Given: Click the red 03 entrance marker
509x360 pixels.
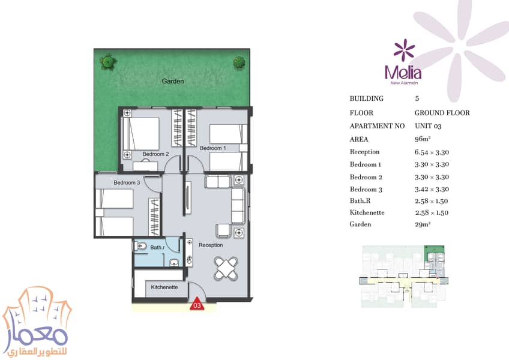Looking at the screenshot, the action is [197, 304].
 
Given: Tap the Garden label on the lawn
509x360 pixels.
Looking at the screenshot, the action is [173, 81].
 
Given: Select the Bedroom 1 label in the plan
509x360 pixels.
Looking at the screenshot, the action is [212, 148].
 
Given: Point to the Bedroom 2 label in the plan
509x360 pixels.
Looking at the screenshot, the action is [156, 154].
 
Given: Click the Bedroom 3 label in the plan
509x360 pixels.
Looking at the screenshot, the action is [127, 183].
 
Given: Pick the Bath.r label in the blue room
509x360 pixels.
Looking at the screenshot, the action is [157, 247].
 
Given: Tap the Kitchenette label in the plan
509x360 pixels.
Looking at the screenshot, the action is [164, 287].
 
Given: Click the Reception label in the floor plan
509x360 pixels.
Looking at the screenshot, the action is [211, 245].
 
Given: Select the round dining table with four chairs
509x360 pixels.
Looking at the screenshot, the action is [226, 268].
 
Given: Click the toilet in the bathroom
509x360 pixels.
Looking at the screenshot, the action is [139, 247].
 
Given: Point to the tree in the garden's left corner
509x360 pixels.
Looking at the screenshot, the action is [108, 62].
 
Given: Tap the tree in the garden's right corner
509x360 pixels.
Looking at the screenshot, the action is [239, 62].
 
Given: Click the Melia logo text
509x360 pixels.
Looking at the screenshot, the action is [403, 73].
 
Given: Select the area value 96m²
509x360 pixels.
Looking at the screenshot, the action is [423, 139].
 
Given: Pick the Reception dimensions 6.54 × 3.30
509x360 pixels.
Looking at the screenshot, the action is [432, 152].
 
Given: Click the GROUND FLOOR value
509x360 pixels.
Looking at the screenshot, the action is [442, 113].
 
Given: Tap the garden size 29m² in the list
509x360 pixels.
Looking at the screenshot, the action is [423, 224].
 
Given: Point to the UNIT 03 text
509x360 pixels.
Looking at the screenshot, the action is [428, 126].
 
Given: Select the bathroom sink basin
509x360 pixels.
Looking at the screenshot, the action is [174, 262].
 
